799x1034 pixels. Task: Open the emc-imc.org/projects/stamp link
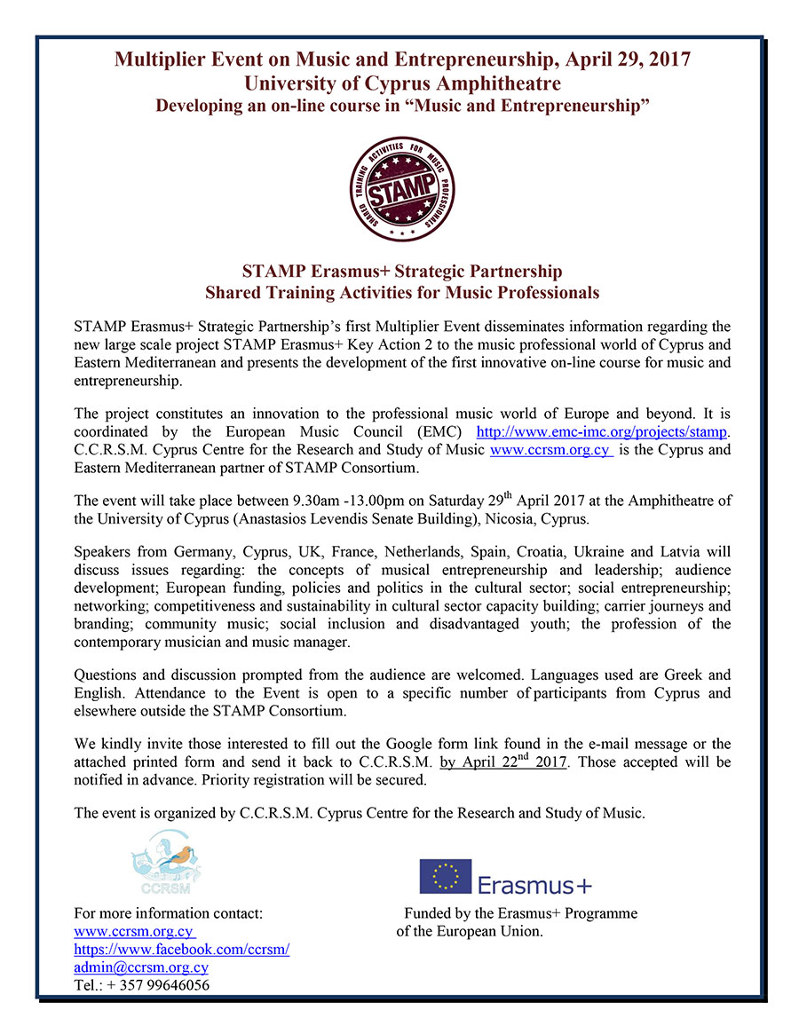click(603, 432)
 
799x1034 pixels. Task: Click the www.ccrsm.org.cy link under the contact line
click(134, 932)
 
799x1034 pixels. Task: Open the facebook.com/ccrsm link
click(182, 950)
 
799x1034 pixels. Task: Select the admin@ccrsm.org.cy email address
click(141, 967)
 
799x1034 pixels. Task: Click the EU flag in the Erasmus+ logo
click(446, 876)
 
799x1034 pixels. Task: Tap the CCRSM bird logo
click(166, 860)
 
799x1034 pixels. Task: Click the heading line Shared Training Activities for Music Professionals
click(402, 291)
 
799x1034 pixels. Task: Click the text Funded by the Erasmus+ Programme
click(520, 913)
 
